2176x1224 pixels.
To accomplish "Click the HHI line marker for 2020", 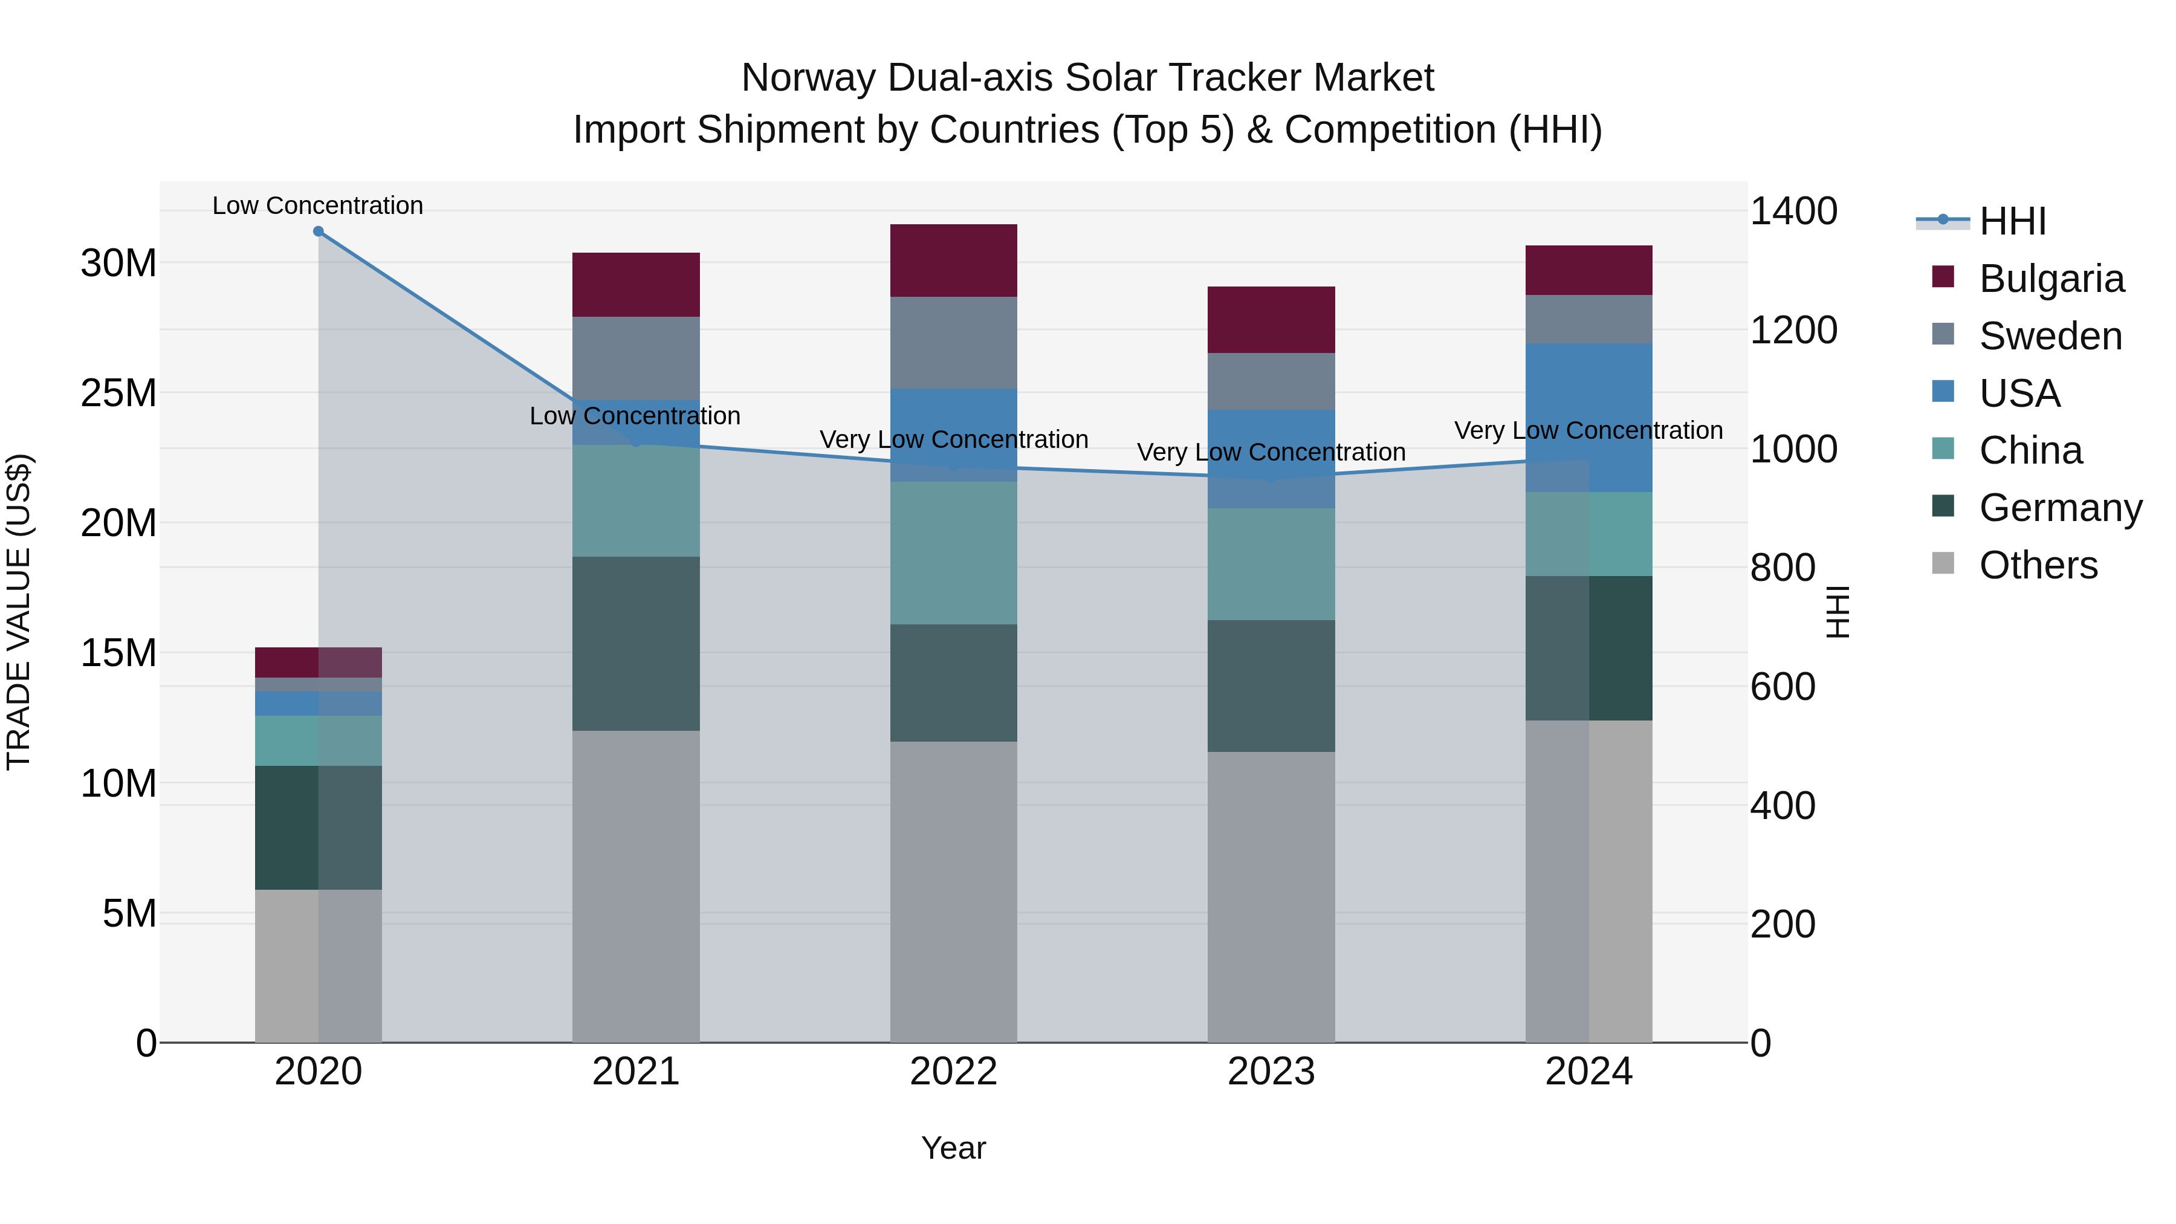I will pyautogui.click(x=319, y=232).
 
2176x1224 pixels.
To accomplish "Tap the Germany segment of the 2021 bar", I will pyautogui.click(x=635, y=643).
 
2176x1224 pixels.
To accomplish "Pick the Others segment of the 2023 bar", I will pyautogui.click(x=1271, y=896).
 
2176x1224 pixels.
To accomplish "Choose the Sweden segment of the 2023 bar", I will pyautogui.click(x=1271, y=381).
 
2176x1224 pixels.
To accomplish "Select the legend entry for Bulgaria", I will pyautogui.click(x=2051, y=279).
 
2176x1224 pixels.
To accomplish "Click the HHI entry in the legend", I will pyautogui.click(x=2012, y=221).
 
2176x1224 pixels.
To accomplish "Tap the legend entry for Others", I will pyautogui.click(x=2038, y=565).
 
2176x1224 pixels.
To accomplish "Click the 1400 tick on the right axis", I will pyautogui.click(x=1793, y=211).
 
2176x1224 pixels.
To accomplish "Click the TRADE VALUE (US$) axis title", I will pyautogui.click(x=19, y=612).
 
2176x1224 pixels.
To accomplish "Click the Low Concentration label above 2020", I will pyautogui.click(x=317, y=206).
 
